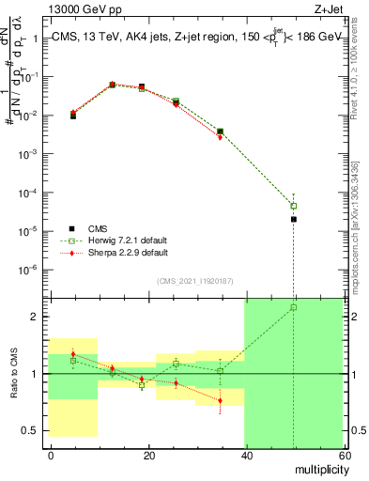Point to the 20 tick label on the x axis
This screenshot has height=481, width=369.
149,456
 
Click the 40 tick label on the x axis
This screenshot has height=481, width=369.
246,456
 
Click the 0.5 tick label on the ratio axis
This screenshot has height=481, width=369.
32,431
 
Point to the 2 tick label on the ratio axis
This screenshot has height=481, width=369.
37,317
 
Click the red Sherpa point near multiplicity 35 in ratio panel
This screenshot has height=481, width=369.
220,401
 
